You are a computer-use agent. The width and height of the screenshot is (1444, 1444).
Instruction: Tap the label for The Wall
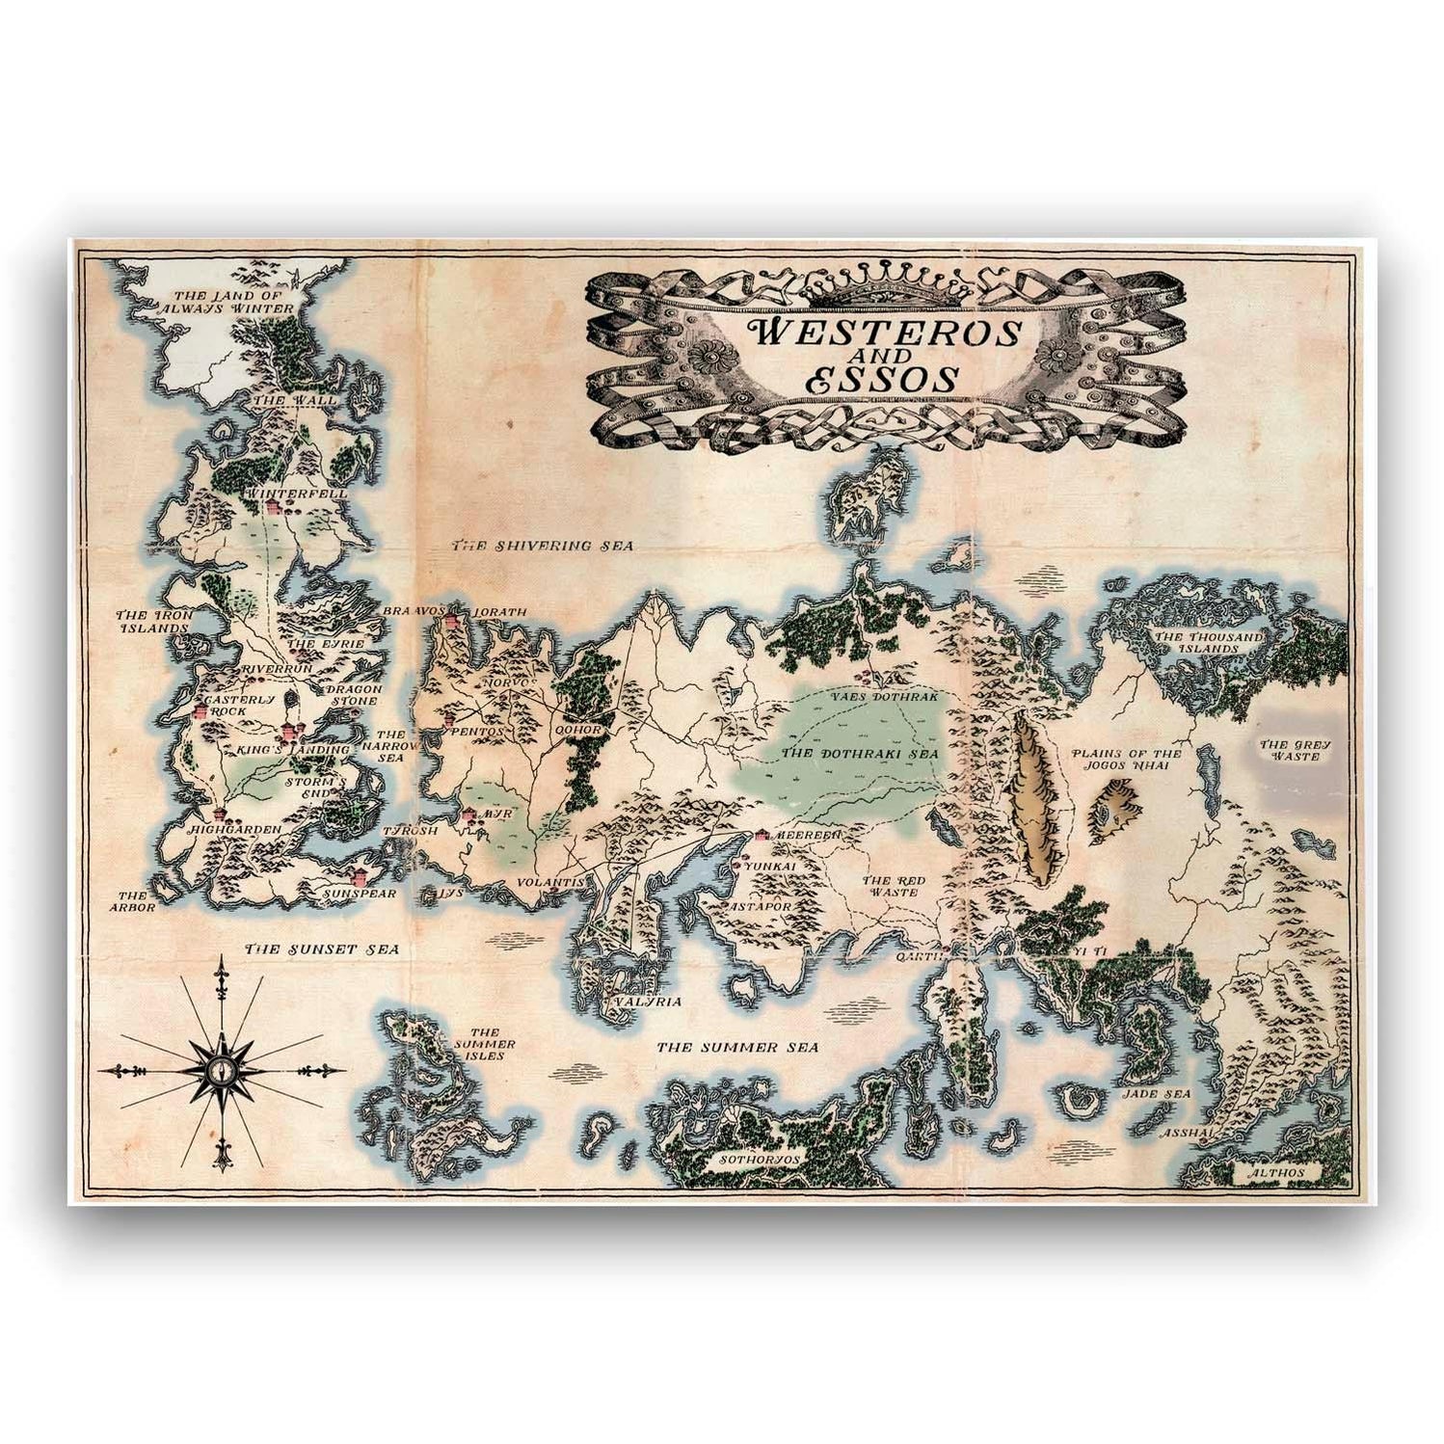pos(295,399)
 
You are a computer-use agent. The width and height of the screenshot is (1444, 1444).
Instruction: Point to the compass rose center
pos(223,1069)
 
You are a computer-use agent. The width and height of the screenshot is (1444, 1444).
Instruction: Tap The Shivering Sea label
pos(544,546)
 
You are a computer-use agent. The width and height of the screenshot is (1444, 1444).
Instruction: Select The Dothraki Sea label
pos(847,753)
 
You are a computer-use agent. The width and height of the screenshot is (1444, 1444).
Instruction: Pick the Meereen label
pos(806,835)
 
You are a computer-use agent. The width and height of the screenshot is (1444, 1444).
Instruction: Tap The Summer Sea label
pos(737,1047)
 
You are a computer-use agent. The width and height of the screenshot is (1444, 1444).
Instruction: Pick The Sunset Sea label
pos(308,949)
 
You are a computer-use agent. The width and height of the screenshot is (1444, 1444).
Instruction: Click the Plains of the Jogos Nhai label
pos(1127,761)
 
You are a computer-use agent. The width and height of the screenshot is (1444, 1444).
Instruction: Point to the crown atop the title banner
pos(885,281)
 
